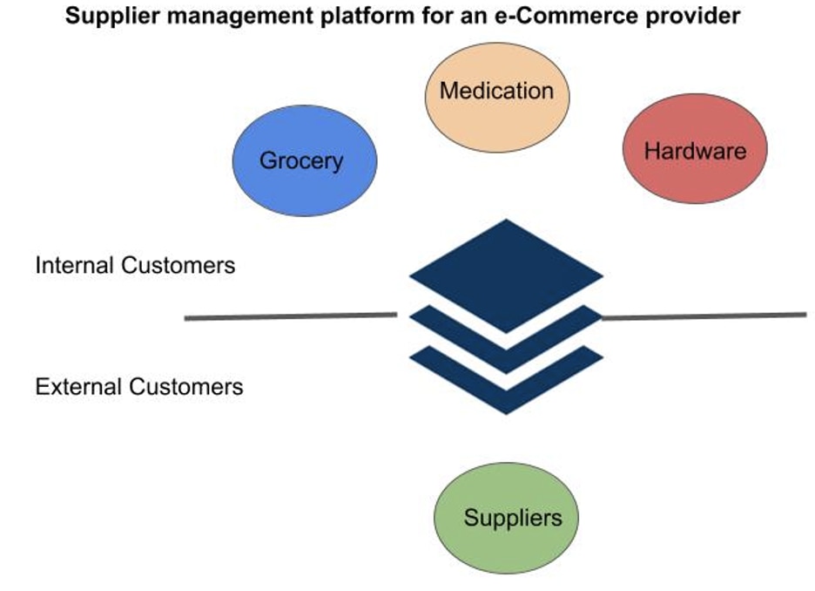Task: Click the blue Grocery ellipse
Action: pos(305,160)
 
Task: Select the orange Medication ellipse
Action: pos(497,98)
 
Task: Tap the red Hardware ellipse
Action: pos(695,149)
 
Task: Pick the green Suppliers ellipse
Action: pos(506,518)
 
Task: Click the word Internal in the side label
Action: pos(76,265)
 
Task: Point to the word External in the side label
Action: pos(79,386)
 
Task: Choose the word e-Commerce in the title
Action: pos(567,16)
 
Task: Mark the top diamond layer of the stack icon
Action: pos(506,275)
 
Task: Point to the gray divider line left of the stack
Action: pos(291,316)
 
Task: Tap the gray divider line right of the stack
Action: pos(704,316)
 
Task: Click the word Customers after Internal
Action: pos(178,265)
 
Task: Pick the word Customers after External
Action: pos(186,386)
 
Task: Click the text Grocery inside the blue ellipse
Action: pos(301,160)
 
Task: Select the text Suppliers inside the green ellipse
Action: pos(513,518)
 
